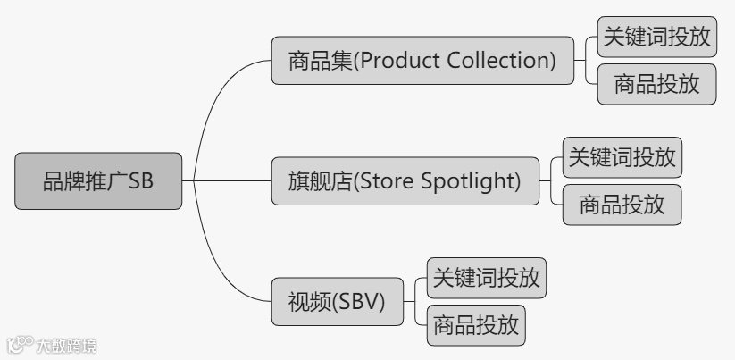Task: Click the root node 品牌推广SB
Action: coord(98,180)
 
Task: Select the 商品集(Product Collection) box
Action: coord(422,61)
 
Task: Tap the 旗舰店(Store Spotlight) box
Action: coord(405,181)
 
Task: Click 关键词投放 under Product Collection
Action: coord(656,37)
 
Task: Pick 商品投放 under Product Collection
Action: coord(656,85)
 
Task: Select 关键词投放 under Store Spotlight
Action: coord(622,157)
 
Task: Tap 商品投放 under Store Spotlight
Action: coord(622,205)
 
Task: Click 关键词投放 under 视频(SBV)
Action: coord(486,278)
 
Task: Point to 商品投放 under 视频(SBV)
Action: coord(475,326)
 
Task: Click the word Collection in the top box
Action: coord(505,61)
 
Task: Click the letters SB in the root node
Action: coord(141,180)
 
